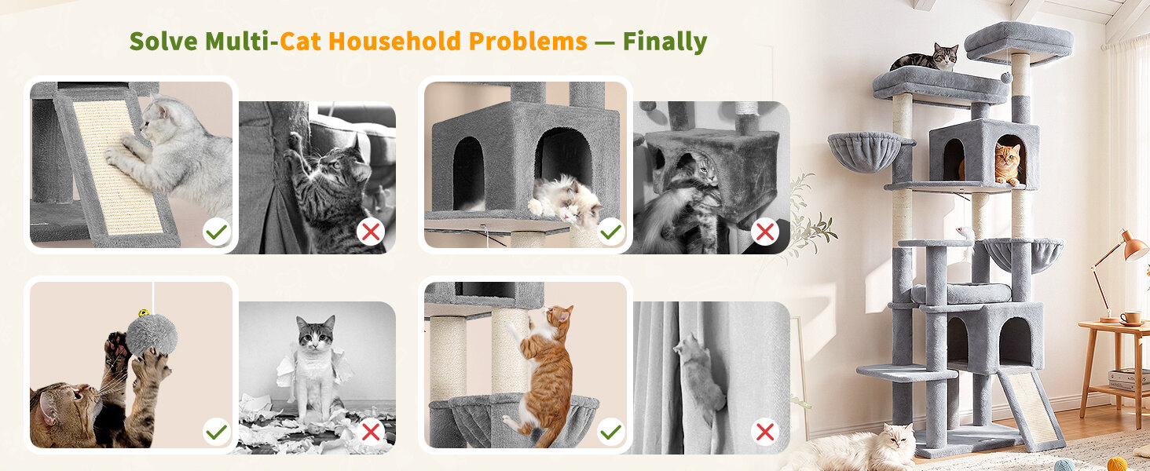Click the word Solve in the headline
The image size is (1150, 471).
point(163,41)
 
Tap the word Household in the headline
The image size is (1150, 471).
point(394,41)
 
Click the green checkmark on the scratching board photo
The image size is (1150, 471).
point(217,232)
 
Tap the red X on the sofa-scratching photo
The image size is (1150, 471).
point(371,232)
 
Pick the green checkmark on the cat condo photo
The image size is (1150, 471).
point(611,232)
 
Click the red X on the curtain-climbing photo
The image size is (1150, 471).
point(765,432)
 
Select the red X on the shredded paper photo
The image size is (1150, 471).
point(371,432)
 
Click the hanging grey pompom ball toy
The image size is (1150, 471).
point(152,335)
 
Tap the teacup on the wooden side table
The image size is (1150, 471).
point(1130,318)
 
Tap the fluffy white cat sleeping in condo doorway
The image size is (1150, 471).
point(565,201)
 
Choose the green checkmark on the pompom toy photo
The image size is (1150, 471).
point(217,432)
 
